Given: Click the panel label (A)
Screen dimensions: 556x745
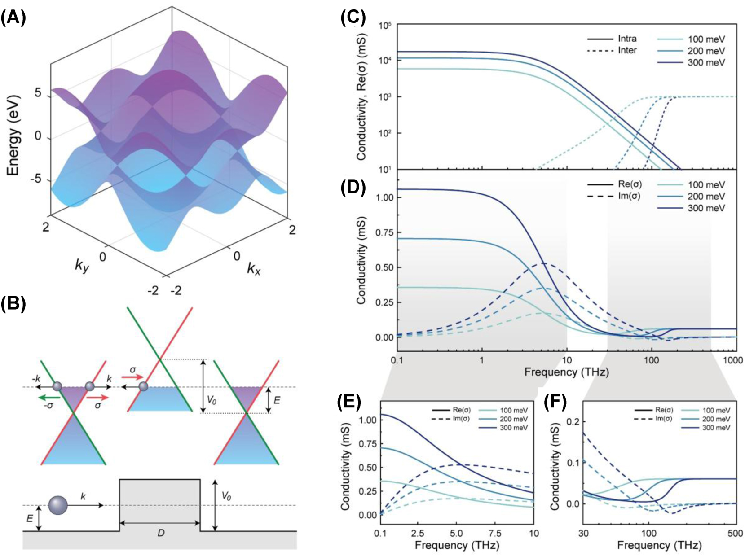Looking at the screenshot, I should (x=13, y=18).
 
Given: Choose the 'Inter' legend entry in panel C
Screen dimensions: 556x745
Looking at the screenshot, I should (x=627, y=50).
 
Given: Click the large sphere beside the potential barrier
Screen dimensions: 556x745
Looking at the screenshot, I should (x=58, y=506).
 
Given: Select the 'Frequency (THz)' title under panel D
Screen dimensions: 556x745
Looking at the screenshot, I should (x=567, y=372).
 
